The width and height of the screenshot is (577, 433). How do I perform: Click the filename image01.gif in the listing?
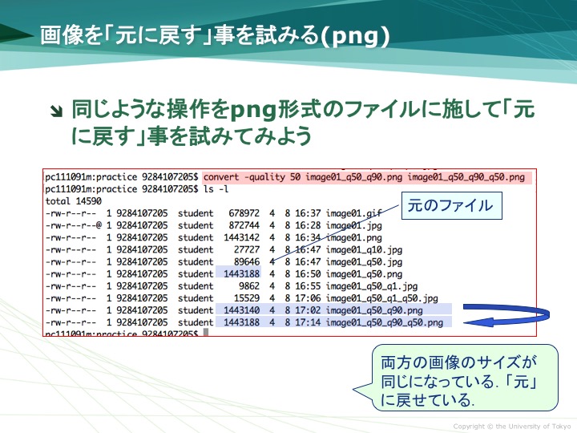point(353,213)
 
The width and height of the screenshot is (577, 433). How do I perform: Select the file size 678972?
point(244,213)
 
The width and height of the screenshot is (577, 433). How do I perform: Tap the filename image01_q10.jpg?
point(364,250)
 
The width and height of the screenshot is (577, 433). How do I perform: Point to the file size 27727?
point(247,249)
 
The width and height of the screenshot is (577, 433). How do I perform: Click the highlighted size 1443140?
point(241,310)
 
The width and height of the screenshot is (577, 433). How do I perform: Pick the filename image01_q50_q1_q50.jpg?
point(382,298)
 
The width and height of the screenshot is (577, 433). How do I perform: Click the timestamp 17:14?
point(308,322)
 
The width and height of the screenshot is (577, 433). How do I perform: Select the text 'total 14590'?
point(73,201)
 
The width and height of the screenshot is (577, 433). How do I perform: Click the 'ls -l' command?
point(216,189)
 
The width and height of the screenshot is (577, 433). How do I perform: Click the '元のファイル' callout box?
point(451,205)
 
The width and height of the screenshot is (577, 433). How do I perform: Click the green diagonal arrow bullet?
point(57,111)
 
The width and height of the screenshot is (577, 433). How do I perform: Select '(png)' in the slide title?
point(355,36)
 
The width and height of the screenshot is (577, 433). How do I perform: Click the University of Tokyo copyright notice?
point(512,427)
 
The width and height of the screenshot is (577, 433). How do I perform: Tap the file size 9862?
point(249,286)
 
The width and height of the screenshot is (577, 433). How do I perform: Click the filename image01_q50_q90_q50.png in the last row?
point(385,322)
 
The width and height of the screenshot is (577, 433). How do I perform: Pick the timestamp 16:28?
point(308,225)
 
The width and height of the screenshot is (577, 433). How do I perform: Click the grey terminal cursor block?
point(206,332)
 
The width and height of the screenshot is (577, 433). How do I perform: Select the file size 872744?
point(244,225)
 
